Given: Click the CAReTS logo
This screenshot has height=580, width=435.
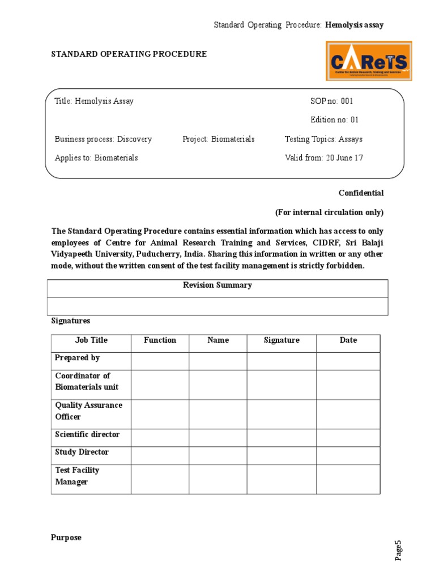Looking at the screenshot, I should tap(369, 60).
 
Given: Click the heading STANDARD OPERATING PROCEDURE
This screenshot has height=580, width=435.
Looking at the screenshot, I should tap(129, 54).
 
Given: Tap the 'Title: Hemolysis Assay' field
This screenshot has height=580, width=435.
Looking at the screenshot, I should tap(94, 101).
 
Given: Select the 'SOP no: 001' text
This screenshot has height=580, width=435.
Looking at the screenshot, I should tap(331, 101).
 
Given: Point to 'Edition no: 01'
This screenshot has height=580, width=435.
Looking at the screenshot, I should tap(334, 120).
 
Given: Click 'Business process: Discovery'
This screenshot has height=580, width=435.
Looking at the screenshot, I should tap(103, 139).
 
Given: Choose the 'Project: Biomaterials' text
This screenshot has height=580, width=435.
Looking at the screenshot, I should tap(219, 139).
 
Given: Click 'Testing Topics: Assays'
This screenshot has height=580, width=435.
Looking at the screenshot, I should tap(323, 139).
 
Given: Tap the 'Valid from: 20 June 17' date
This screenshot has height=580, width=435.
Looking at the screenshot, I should tap(324, 158).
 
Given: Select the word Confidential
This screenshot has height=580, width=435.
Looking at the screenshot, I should tap(361, 193).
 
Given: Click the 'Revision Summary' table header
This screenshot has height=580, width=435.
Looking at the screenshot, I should tap(217, 285).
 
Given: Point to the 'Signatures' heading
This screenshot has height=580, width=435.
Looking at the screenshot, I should tap(71, 321).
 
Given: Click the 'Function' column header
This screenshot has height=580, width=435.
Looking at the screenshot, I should tap(160, 340).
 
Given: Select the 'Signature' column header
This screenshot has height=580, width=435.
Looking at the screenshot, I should tap(282, 340).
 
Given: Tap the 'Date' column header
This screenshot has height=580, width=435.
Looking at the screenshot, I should tap(348, 340).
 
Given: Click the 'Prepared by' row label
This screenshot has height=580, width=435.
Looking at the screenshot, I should tap(78, 358).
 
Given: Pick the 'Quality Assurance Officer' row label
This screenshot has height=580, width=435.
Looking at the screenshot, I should tap(88, 411).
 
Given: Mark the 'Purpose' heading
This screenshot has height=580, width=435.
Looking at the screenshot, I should tap(66, 538).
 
